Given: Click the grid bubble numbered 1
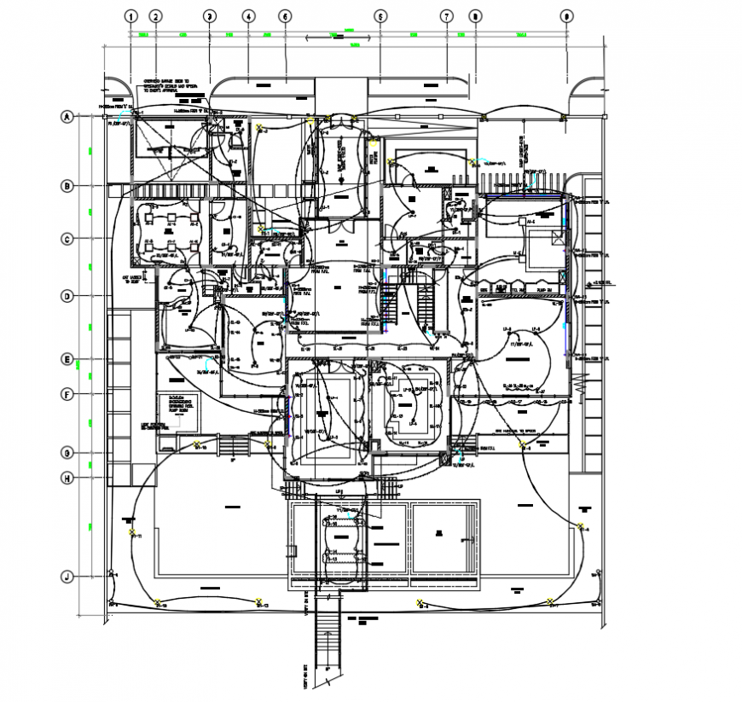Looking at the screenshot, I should point(130,15).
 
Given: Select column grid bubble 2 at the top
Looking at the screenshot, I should point(155,15).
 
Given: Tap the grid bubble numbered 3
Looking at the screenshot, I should point(210,15).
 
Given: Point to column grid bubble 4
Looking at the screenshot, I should point(247,15).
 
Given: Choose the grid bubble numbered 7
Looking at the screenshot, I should point(445,15).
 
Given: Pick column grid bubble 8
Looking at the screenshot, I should point(475,15).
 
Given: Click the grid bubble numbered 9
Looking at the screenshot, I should point(565,15).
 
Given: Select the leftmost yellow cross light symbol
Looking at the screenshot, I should point(132,532).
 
